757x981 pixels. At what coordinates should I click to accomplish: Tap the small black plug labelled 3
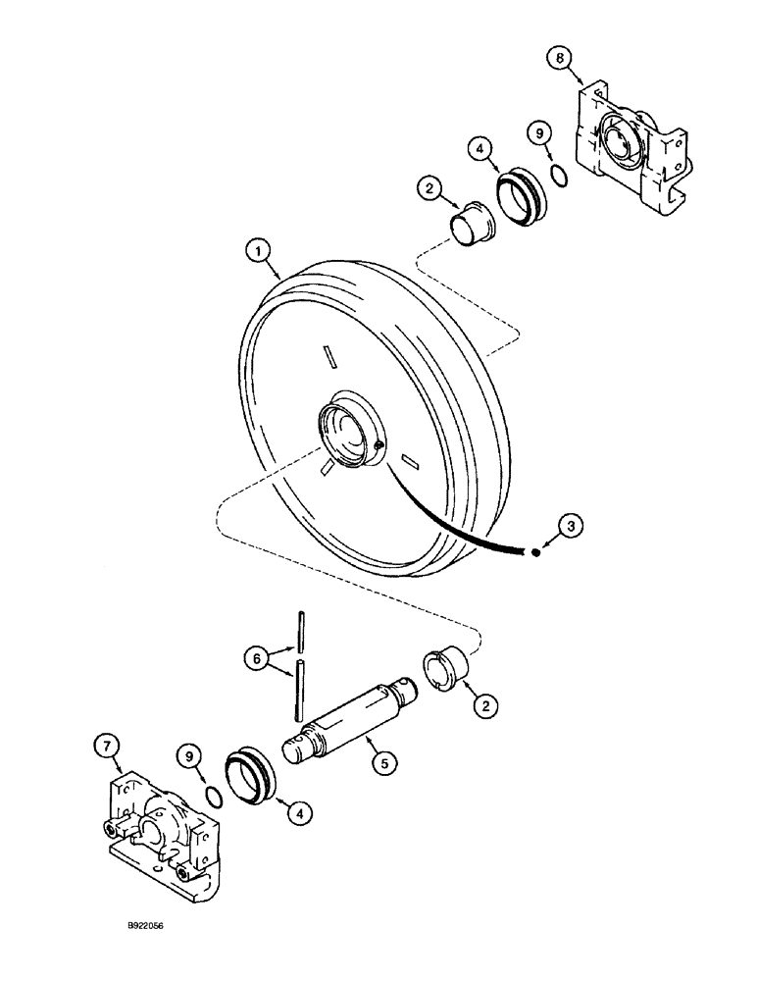[535, 552]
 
